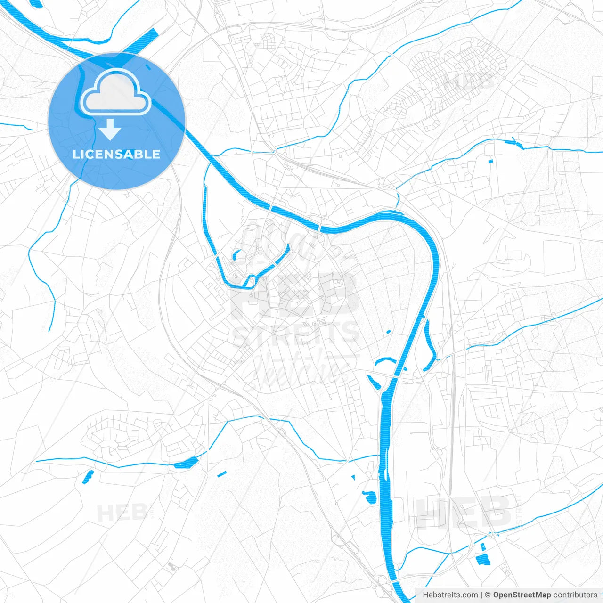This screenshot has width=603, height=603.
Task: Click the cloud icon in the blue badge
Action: tap(115, 92)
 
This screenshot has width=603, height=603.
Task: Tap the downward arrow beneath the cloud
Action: tap(110, 130)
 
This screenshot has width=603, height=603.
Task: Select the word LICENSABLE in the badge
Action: tap(116, 154)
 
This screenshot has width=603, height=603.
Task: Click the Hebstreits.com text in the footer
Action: tap(450, 595)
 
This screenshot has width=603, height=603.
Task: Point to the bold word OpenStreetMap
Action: tap(522, 595)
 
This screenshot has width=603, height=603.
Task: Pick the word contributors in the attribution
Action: tap(575, 595)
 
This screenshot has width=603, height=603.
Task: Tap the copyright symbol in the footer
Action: tap(488, 595)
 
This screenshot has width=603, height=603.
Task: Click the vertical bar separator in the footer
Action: tap(481, 595)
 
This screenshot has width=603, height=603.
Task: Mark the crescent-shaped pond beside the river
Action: tap(385, 361)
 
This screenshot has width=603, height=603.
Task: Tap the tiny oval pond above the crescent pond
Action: tap(389, 332)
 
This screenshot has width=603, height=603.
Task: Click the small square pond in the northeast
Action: tap(490, 162)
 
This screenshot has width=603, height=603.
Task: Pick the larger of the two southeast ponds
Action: tap(483, 560)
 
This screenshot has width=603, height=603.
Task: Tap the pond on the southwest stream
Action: tap(186, 463)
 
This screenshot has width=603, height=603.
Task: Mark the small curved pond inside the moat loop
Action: tap(236, 255)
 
